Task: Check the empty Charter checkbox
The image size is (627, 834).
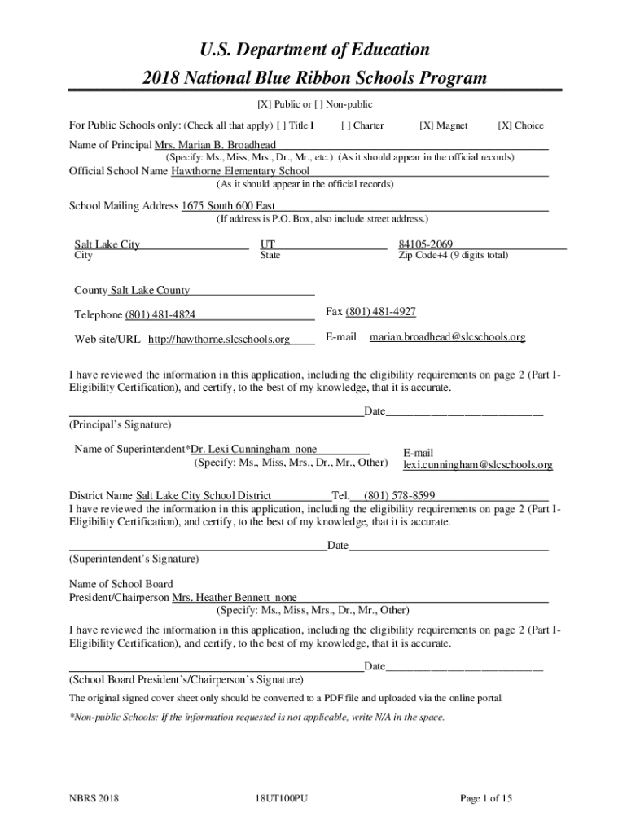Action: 347,126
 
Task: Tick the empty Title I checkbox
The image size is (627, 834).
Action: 282,126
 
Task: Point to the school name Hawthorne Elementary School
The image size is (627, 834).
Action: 240,171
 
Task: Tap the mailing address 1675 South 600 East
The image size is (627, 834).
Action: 228,206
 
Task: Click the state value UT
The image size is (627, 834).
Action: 267,244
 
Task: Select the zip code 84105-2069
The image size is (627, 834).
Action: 425,244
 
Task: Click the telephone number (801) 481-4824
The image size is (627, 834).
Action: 160,315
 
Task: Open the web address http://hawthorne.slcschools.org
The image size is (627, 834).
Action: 218,340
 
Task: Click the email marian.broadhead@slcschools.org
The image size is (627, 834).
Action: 447,336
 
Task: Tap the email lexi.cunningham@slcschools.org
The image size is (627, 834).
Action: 478,465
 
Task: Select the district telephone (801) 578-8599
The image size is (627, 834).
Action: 399,495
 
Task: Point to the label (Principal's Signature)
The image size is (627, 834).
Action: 120,425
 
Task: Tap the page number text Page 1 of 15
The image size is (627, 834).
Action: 486,798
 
